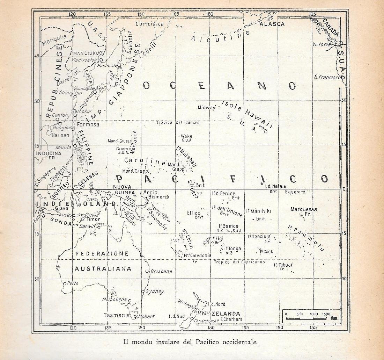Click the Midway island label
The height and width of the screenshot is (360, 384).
(206, 108)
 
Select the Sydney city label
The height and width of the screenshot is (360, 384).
(155, 291)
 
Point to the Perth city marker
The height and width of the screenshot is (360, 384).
(64, 283)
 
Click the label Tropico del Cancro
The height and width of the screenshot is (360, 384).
(178, 123)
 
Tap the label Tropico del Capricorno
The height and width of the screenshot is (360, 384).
(239, 262)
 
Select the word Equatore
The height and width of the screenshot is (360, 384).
(295, 192)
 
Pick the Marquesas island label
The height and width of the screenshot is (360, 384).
(304, 209)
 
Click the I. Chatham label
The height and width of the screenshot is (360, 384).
(230, 319)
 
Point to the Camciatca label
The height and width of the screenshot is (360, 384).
(149, 24)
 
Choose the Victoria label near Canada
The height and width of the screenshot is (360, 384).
(321, 44)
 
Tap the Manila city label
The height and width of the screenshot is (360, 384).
(63, 147)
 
